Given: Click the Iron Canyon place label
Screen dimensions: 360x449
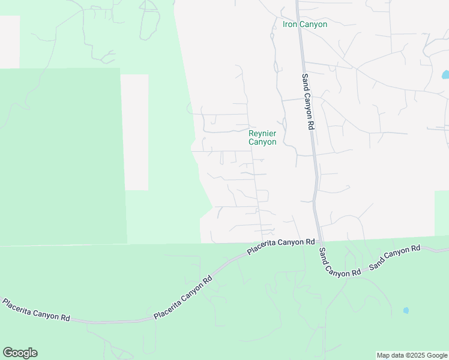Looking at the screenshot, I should [x=305, y=25].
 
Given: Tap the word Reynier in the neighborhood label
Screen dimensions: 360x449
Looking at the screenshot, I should [x=262, y=133].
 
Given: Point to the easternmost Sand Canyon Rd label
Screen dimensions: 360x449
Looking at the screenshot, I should [x=395, y=257].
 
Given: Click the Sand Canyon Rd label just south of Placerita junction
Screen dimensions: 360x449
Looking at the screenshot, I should [x=339, y=263].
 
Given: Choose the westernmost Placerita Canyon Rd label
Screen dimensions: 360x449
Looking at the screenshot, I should [x=36, y=310].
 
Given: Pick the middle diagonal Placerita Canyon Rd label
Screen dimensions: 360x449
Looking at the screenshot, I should [x=183, y=298].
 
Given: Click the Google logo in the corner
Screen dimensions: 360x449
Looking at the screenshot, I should [x=20, y=353].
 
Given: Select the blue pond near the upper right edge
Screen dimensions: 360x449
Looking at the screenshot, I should [x=445, y=76].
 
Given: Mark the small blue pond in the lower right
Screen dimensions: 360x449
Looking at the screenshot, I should [x=406, y=310].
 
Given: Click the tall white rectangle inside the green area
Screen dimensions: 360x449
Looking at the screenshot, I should [x=134, y=132].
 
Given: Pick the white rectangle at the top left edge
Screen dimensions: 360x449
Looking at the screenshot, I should [x=10, y=42].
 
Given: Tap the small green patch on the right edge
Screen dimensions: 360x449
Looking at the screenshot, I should [x=441, y=213].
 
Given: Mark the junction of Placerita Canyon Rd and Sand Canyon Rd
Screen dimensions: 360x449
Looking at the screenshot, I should [x=319, y=240].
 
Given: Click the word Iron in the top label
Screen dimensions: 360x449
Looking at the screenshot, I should [x=291, y=25].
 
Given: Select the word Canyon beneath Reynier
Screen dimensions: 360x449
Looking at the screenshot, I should [x=262, y=142].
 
